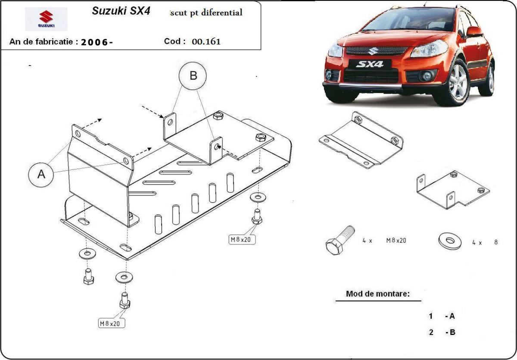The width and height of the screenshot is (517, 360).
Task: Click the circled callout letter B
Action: coord(193,76)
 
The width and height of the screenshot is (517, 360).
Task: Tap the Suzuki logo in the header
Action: coord(46,19)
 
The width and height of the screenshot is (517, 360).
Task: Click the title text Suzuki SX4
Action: coord(121,11)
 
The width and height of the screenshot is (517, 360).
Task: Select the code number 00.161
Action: coord(206,42)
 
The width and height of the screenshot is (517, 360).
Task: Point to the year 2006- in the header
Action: coord(97,42)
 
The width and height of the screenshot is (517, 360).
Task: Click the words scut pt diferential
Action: coord(206,13)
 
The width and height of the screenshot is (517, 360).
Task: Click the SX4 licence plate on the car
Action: coord(369,64)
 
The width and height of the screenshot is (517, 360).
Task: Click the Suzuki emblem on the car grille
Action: coord(370,51)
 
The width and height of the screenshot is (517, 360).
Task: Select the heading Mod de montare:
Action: coord(377,294)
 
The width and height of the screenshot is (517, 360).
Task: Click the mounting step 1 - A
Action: coord(442,316)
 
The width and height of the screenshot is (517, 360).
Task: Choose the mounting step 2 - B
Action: coord(442,332)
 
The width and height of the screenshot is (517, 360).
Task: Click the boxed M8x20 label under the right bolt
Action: coord(242,239)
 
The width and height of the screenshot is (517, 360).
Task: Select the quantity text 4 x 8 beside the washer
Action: coord(484,242)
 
